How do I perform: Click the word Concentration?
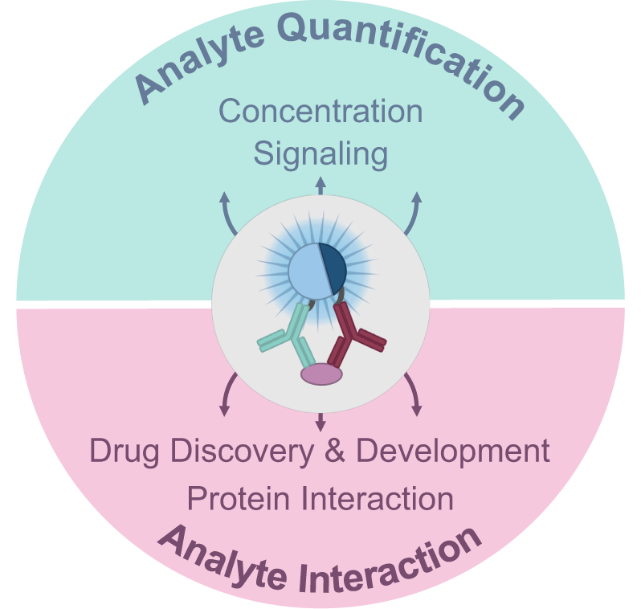coord(320,112)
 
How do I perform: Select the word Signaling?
coord(320,153)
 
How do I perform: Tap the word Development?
coord(452,452)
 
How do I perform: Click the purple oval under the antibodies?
coord(321,374)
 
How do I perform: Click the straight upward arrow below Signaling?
coord(320,185)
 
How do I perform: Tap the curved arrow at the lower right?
coord(413,394)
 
